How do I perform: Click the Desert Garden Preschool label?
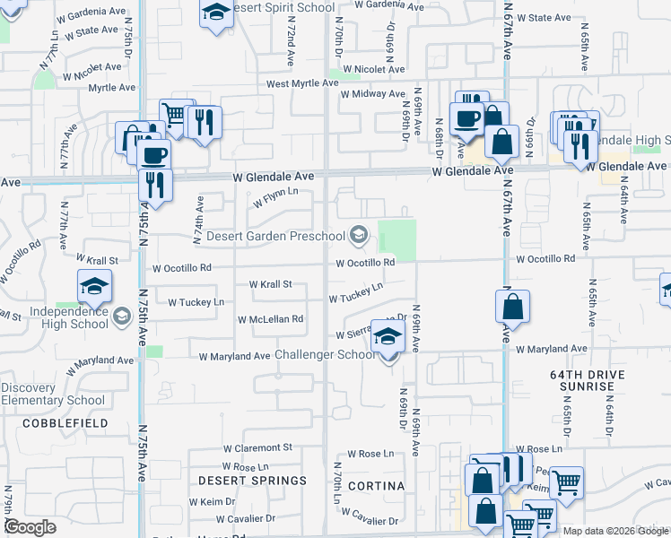[275, 236]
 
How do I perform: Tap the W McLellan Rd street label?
[270, 318]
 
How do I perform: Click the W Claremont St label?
[257, 447]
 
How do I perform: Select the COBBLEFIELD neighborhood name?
[65, 422]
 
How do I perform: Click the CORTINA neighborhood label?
[379, 486]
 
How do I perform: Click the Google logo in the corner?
[30, 527]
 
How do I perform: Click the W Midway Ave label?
[373, 93]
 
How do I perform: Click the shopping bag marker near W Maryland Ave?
[511, 308]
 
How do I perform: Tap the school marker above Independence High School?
[94, 288]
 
